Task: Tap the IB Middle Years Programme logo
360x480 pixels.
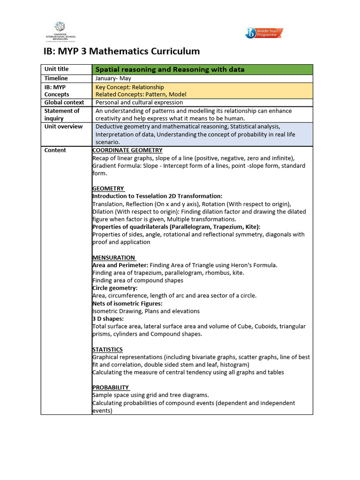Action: coord(264,33)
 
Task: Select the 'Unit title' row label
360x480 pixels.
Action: coord(56,69)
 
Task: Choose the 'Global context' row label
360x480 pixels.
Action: coord(64,102)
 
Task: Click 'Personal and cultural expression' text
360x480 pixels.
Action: coord(139,102)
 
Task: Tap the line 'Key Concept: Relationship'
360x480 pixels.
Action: coord(130,87)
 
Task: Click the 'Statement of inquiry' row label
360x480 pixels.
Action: coord(62,114)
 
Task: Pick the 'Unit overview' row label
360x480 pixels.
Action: coord(63,127)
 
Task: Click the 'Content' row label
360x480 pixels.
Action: coord(55,150)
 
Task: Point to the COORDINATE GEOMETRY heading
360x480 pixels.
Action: coord(127,150)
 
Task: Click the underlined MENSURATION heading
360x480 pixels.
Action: coord(114,257)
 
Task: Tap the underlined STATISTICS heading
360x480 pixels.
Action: coord(107,350)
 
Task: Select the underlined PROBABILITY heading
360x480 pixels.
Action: coord(111,388)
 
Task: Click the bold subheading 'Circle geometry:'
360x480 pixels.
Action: coord(115,288)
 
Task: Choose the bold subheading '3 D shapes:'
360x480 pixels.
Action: coord(108,319)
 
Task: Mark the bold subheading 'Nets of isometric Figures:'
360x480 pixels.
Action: coord(127,303)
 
